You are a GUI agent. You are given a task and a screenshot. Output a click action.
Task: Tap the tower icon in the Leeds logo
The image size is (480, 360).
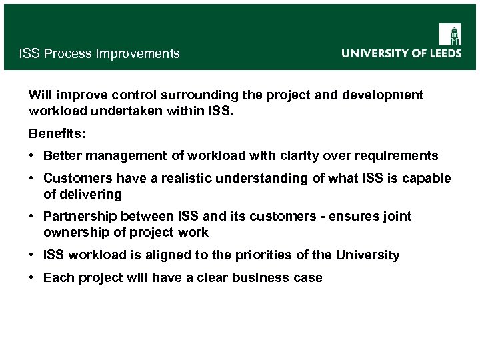coord(450,35)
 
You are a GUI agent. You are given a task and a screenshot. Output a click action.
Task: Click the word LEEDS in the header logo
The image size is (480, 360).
coord(441,53)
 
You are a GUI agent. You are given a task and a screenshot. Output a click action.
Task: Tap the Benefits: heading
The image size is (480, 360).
coord(57,134)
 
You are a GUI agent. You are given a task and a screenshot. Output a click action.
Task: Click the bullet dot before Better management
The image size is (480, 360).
coord(32,156)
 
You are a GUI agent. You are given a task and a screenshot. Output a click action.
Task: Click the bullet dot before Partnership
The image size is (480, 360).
coord(32,217)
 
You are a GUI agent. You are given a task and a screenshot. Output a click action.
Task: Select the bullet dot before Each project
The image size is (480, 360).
coord(32,277)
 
